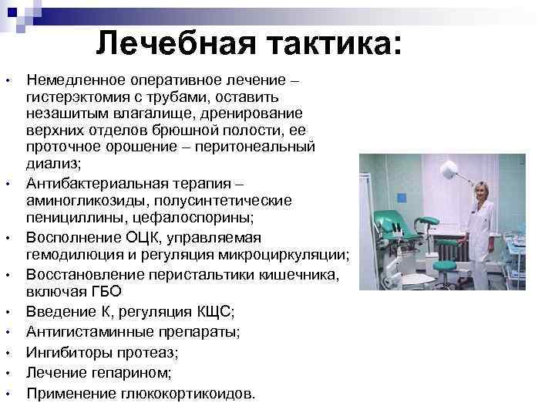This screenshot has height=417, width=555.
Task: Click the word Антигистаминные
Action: point(86,332)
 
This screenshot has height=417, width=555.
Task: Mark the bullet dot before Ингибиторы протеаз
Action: point(7,354)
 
